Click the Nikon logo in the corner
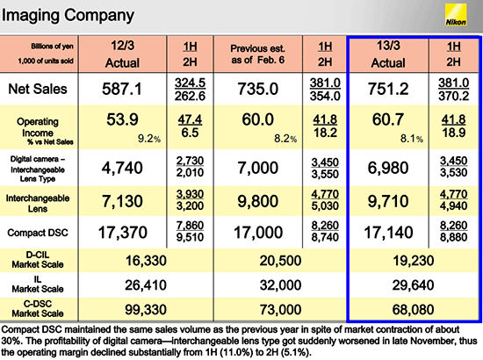pos(456,15)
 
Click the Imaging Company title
pos(68,16)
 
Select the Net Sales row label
pos(38,89)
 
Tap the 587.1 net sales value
pos(122,89)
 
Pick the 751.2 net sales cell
pos(388,89)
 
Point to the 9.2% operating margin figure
pos(149,139)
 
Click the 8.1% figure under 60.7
pos(412,139)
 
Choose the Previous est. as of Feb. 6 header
pos(258,54)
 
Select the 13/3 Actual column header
pos(388,54)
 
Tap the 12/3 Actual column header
pos(122,54)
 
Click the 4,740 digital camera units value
pos(122,168)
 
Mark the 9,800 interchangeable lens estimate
pos(258,201)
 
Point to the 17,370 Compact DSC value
pos(122,232)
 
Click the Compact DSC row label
pos(38,233)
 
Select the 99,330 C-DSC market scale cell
pos(146,309)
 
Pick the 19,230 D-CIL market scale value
pos(414,261)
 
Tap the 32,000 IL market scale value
pos(280,285)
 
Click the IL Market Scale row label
pos(38,284)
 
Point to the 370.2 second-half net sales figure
pos(454,97)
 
